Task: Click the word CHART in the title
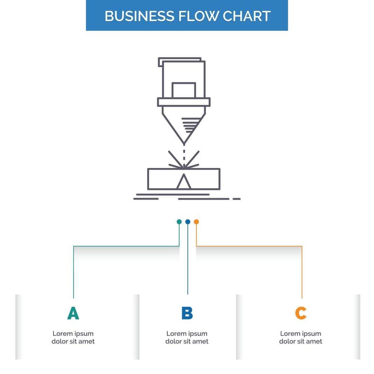(247, 16)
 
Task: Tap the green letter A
(73, 313)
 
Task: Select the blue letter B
(187, 313)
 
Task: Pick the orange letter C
(301, 313)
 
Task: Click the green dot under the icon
(179, 222)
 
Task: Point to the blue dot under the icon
(188, 222)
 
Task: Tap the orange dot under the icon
(196, 222)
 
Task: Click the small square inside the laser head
(184, 90)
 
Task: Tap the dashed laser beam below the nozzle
(184, 156)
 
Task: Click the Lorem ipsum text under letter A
(73, 337)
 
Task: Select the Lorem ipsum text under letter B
(187, 337)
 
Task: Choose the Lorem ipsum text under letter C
(301, 337)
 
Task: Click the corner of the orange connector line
(301, 247)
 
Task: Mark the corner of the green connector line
(74, 247)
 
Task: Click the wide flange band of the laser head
(184, 102)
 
